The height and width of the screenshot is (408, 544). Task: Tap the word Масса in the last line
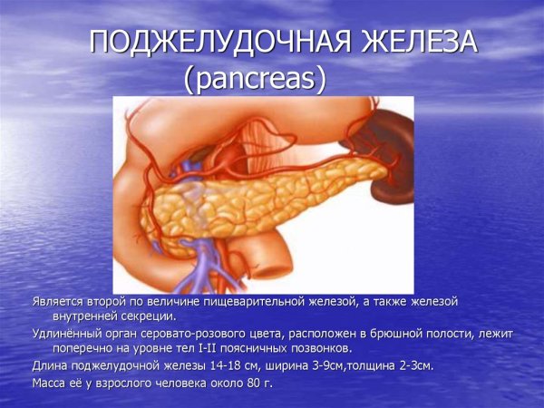50,383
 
